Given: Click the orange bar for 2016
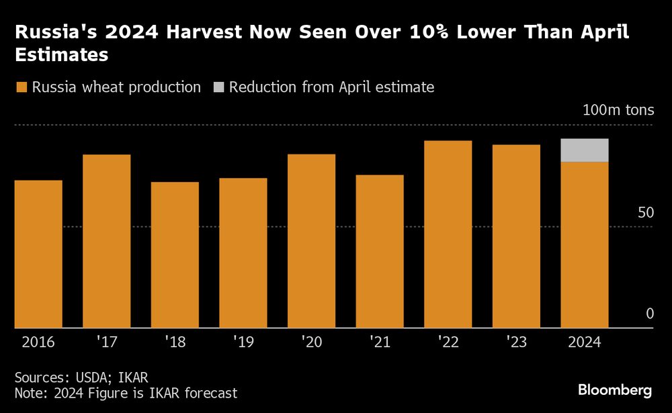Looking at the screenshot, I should point(38,254).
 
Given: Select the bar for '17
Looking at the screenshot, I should point(106,241).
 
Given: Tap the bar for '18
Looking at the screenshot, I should point(175,255).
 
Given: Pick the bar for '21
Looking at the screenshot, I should point(380,251).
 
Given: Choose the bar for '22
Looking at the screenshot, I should point(448,234).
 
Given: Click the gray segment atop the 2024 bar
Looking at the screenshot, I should point(585,150).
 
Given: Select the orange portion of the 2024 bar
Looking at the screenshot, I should point(585,244).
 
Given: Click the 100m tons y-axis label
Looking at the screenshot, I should point(618,111).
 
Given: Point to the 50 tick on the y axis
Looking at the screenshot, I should point(645,213).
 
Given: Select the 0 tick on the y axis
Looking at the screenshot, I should point(649,314).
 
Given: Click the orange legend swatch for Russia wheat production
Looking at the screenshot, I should point(21,87).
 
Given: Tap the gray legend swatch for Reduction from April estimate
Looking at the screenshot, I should point(218,87).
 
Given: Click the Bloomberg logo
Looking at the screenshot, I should point(615,390).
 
